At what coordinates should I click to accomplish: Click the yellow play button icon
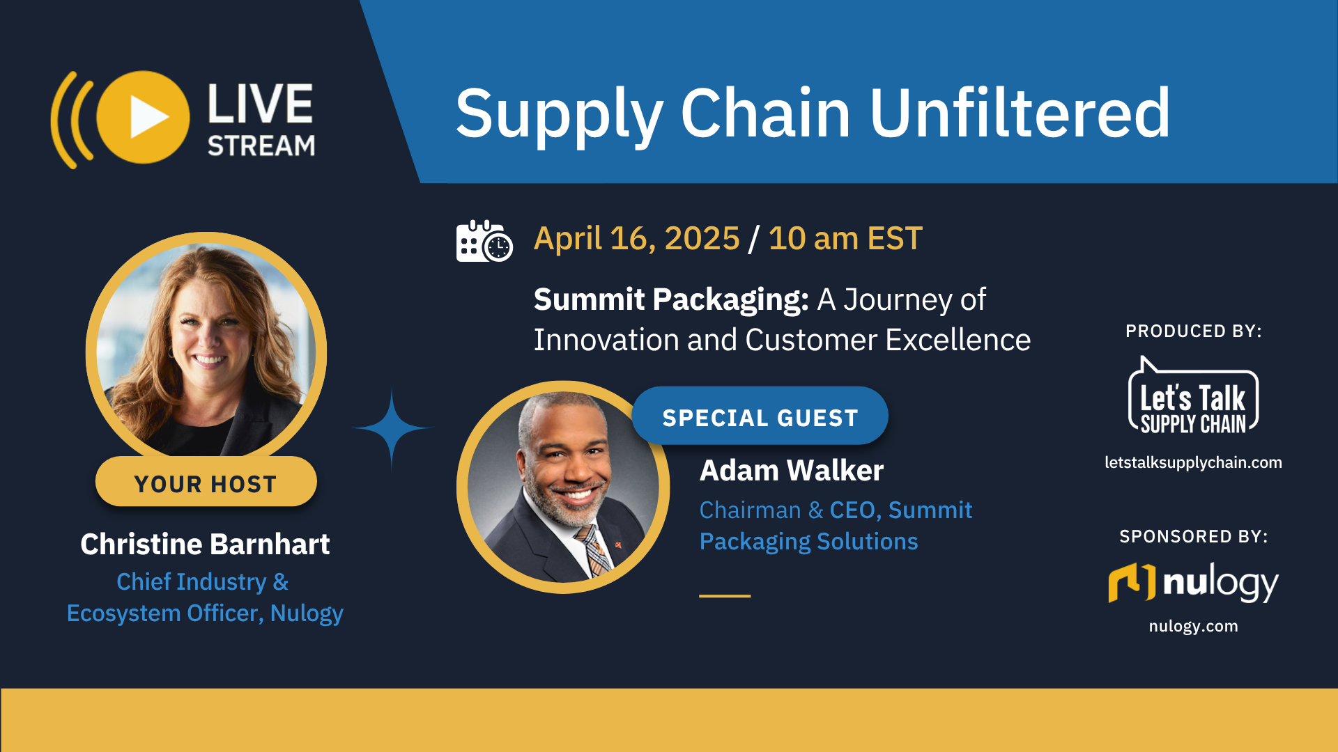point(144,117)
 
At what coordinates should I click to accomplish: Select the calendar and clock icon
point(484,241)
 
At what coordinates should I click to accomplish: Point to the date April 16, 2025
point(636,239)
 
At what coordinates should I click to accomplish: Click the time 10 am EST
point(845,239)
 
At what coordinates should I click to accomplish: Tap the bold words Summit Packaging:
point(670,299)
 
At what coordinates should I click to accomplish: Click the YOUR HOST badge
point(206,483)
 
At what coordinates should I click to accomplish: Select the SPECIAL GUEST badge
point(760,417)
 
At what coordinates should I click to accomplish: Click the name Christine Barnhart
point(205,544)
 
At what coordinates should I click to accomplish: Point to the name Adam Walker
point(791,471)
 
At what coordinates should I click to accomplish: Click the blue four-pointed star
point(392,428)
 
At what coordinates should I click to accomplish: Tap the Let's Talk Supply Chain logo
point(1192,399)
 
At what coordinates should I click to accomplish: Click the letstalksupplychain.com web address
point(1192,462)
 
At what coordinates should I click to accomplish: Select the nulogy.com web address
point(1192,626)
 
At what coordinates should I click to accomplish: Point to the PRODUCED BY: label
point(1192,331)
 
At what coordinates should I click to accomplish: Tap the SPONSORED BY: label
point(1192,536)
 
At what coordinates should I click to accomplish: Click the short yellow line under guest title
point(724,596)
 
